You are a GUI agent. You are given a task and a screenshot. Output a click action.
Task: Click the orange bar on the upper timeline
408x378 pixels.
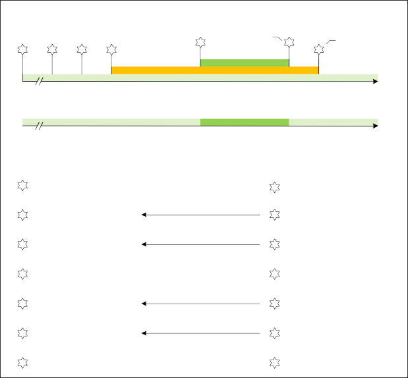[x=215, y=70]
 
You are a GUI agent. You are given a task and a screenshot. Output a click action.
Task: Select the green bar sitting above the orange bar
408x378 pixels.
[x=245, y=63]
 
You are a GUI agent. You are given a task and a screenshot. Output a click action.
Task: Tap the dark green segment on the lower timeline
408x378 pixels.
[x=245, y=122]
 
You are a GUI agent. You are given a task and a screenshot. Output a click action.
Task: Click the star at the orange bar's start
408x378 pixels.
[x=111, y=49]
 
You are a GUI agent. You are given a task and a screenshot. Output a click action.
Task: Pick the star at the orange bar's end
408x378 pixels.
[x=319, y=49]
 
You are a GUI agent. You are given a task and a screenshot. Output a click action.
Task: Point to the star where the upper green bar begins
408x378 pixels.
[x=200, y=42]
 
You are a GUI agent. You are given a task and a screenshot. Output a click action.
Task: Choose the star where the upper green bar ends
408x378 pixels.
[x=289, y=42]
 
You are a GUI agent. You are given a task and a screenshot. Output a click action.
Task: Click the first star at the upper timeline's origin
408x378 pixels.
[x=23, y=49]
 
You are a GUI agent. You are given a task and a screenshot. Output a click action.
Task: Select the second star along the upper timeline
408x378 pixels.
[x=52, y=49]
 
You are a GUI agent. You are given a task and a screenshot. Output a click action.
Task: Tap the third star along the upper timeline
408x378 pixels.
[x=82, y=49]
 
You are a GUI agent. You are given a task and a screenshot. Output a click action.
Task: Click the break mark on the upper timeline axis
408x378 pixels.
[x=39, y=81]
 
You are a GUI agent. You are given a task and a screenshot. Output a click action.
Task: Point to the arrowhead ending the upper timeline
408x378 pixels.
[x=375, y=81]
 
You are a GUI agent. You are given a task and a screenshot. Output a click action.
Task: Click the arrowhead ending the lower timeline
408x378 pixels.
[x=375, y=126]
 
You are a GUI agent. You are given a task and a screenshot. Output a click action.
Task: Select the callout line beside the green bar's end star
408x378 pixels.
[x=277, y=38]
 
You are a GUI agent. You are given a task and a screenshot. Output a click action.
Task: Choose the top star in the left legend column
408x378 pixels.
[x=22, y=185]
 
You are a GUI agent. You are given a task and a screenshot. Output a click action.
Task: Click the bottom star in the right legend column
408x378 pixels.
[x=274, y=362]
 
